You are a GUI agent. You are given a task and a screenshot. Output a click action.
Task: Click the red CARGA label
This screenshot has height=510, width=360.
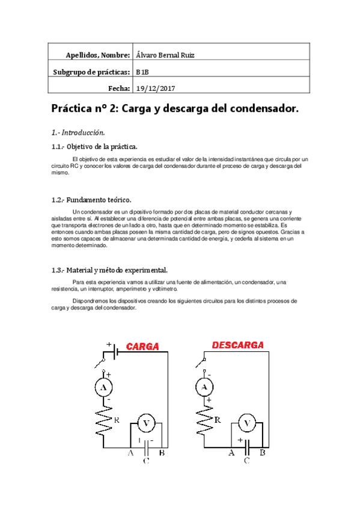(142, 347)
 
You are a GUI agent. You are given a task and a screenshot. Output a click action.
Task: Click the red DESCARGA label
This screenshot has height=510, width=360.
(239, 345)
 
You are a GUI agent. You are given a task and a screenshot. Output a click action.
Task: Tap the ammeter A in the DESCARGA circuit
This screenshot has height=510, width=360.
(206, 387)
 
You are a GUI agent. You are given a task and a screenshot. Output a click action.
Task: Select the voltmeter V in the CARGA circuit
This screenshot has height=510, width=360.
(144, 423)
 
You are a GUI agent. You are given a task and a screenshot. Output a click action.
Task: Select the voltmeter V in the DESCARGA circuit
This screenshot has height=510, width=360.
(245, 423)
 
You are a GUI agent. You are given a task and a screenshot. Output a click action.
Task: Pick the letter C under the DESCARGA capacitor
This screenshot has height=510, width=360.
(246, 461)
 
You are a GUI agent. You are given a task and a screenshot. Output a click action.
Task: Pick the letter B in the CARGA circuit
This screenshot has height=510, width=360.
(162, 453)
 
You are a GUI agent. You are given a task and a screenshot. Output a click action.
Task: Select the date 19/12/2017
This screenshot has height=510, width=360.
(156, 88)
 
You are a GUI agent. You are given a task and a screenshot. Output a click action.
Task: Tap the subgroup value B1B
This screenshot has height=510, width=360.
(142, 72)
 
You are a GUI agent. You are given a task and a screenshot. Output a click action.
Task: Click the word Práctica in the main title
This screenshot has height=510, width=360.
(75, 109)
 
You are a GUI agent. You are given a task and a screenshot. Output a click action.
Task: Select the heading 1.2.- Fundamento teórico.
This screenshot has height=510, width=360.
(91, 199)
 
